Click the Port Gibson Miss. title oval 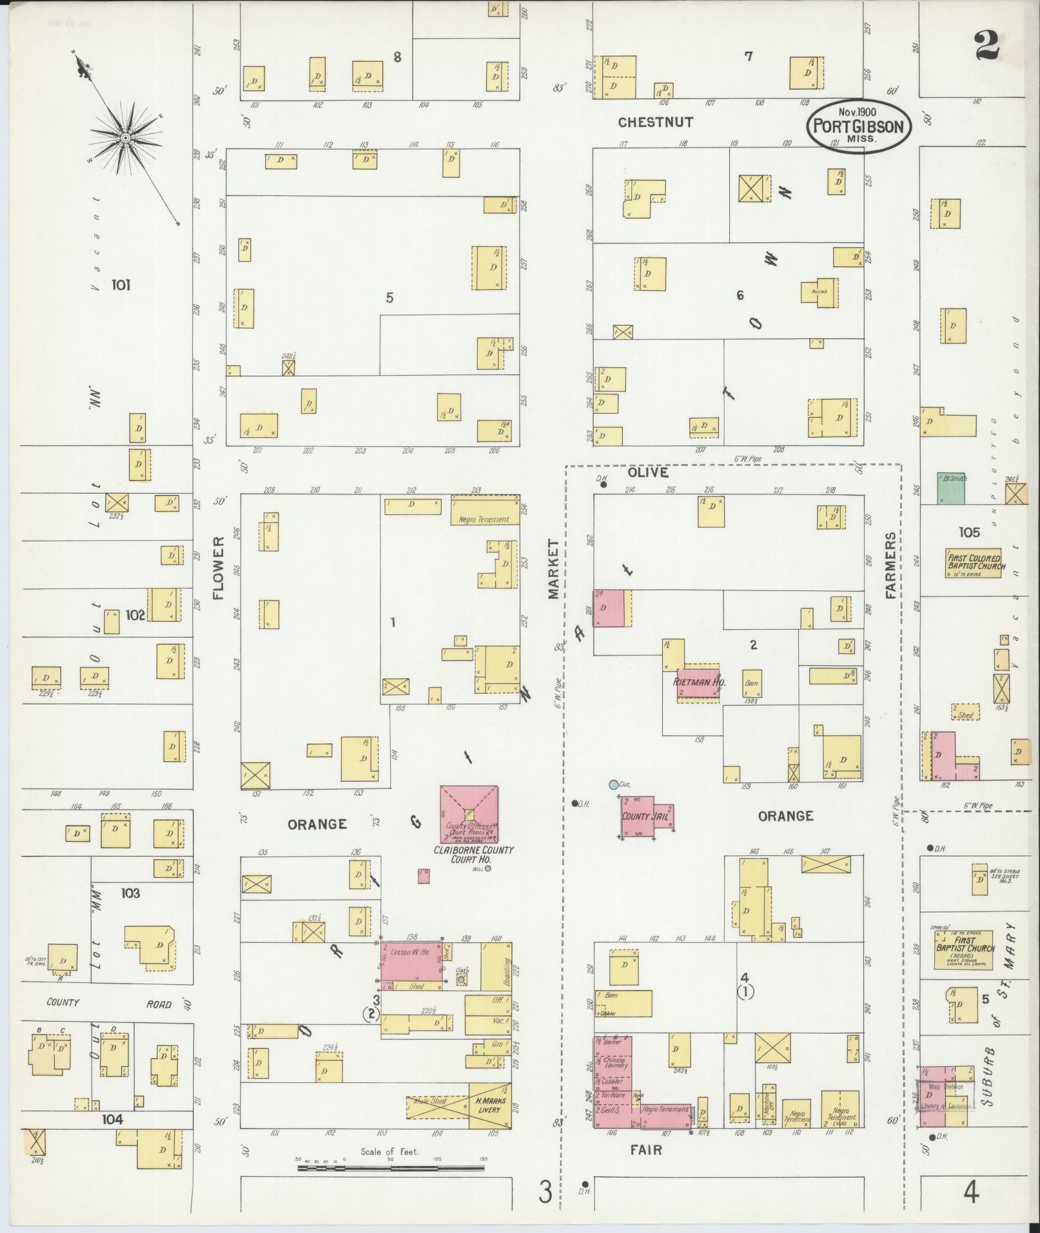[x=859, y=125]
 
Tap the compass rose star [x=126, y=138]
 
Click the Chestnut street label [x=655, y=122]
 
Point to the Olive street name [x=648, y=472]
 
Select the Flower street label [x=218, y=567]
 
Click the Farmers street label [x=891, y=565]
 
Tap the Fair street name [x=647, y=1149]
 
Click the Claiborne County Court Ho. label [x=473, y=854]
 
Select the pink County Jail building [x=647, y=817]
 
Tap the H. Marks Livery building [x=489, y=1105]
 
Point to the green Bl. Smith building [x=951, y=488]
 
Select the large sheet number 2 [x=986, y=45]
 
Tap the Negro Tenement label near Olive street [x=484, y=519]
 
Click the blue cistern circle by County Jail [x=613, y=785]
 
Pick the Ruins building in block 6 [x=819, y=292]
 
